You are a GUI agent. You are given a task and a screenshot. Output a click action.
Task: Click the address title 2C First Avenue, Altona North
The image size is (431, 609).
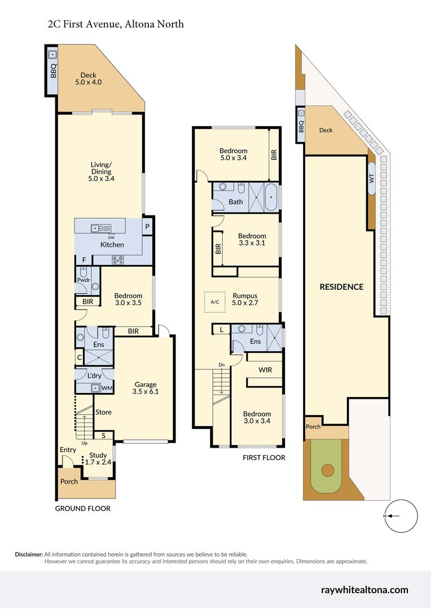coord(116,24)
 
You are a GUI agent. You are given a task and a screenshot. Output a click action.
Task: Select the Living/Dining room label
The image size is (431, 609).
coord(101,171)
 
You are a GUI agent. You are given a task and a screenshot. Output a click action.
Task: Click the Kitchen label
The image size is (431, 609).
coord(112,244)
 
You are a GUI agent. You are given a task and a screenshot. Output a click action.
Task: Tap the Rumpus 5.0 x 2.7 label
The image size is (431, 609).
coord(245,299)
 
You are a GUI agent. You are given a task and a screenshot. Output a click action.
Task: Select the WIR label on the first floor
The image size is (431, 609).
coord(266,370)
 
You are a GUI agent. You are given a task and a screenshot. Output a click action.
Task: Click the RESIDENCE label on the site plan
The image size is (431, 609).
coord(341,286)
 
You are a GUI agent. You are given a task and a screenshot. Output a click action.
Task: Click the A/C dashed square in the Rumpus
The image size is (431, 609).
coord(214,302)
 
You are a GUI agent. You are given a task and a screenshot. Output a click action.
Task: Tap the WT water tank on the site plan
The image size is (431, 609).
coord(372,178)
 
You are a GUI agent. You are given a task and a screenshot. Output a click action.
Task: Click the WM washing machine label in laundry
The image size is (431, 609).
coord(106,388)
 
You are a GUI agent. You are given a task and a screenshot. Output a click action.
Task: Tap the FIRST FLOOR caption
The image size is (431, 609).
coord(264,458)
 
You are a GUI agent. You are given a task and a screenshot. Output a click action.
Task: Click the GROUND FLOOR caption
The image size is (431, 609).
coord(82,509)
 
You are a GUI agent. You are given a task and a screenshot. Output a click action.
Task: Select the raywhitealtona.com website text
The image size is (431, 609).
coord(364,590)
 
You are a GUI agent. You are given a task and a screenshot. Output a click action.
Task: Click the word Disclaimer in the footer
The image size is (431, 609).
coord(29,554)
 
